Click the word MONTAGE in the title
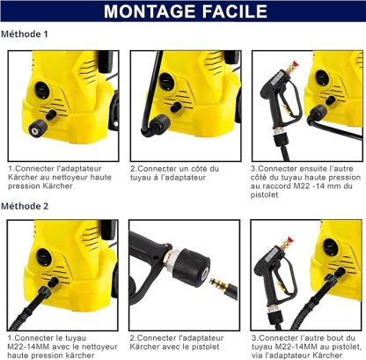click(147, 12)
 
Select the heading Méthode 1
click(25, 34)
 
